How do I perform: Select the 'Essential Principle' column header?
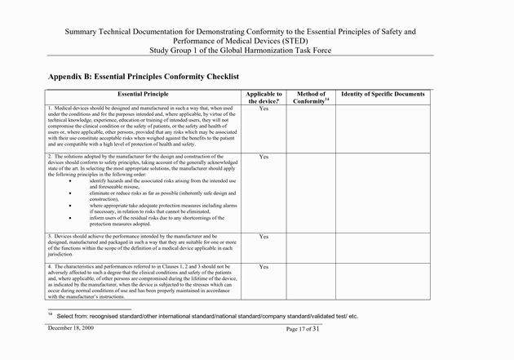[x=143, y=95]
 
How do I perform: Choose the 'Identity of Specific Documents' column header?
[x=391, y=95]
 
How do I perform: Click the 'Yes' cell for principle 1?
[x=264, y=109]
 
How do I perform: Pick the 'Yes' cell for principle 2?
[x=264, y=156]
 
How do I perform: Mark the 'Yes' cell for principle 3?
[x=264, y=237]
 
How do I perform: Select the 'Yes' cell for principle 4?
[x=264, y=267]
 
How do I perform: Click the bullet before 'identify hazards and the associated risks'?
[x=72, y=180]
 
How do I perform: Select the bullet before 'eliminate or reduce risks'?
[x=72, y=192]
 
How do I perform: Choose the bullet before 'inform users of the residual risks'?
[x=72, y=218]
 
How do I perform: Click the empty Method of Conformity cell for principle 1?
[x=311, y=126]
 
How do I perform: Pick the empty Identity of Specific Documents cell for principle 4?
[x=391, y=281]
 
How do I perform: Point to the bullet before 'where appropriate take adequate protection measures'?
[x=72, y=205]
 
